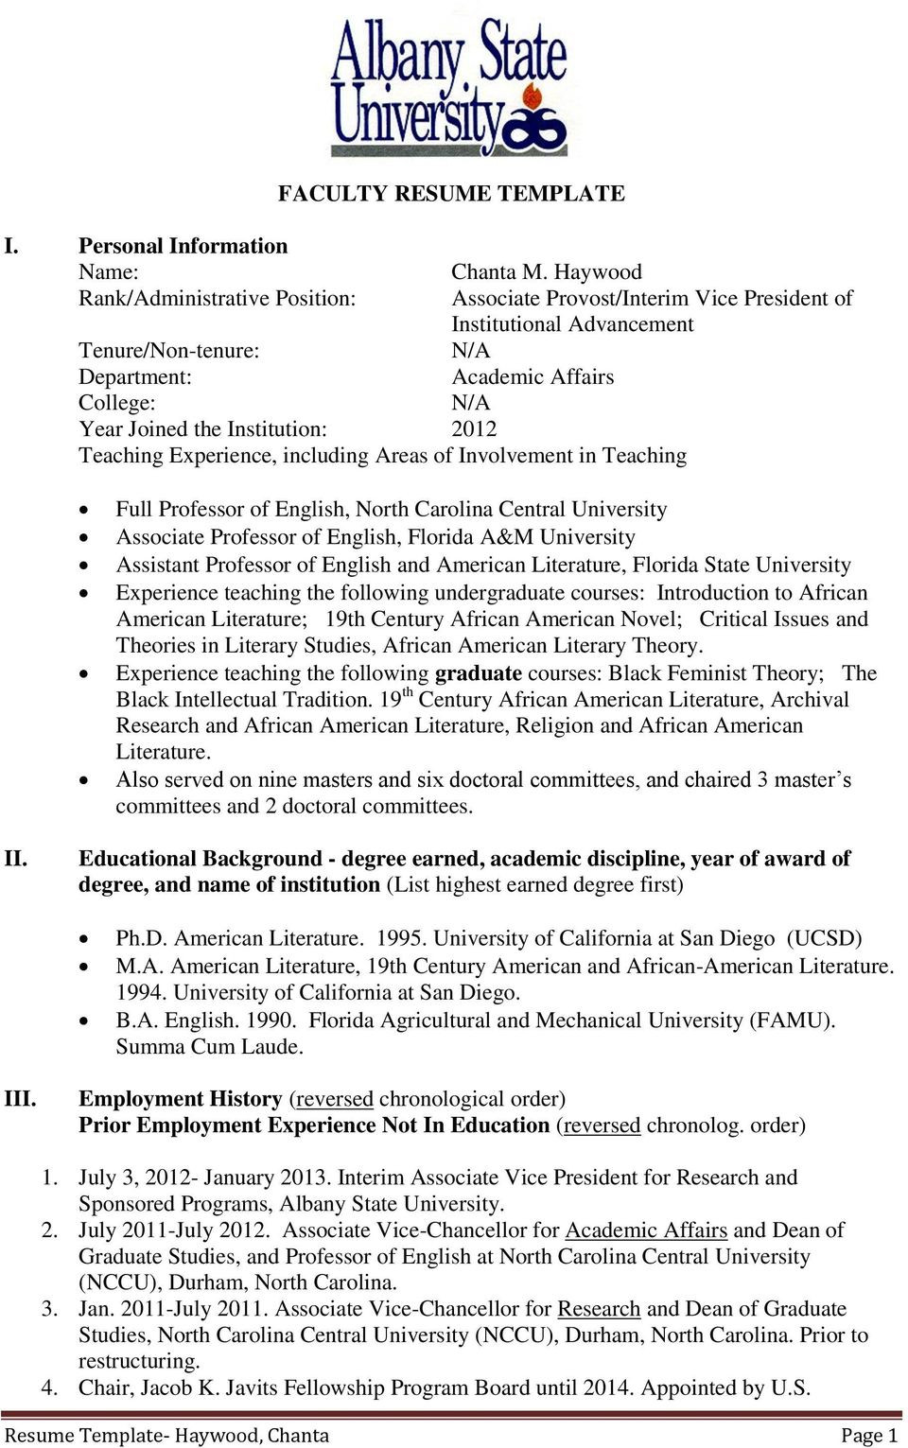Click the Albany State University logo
click(449, 87)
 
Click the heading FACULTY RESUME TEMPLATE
click(451, 193)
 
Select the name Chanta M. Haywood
click(546, 272)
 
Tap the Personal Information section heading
click(183, 246)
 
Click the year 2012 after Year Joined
click(474, 429)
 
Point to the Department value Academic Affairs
click(533, 377)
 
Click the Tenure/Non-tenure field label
click(168, 351)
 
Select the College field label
click(116, 403)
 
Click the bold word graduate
click(478, 673)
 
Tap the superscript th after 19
click(408, 692)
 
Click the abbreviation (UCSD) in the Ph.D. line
click(824, 938)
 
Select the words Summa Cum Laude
click(209, 1047)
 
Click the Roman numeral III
click(20, 1099)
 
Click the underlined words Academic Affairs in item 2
click(645, 1230)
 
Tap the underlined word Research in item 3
click(599, 1309)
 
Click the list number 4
click(49, 1387)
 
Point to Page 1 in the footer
click(868, 1436)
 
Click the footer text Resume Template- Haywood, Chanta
click(166, 1436)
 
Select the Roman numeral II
click(16, 859)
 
